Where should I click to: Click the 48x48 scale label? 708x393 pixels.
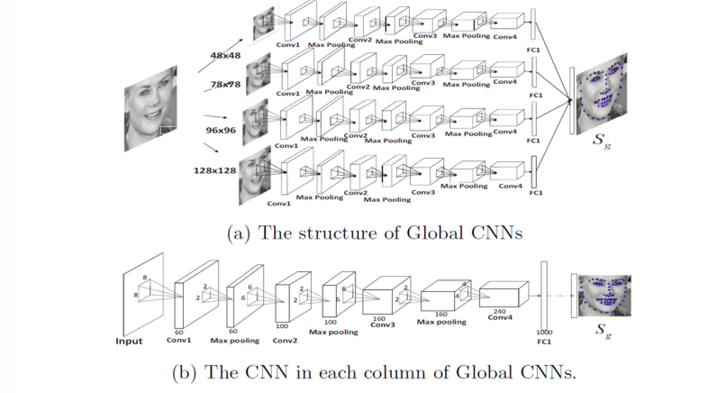tap(225, 55)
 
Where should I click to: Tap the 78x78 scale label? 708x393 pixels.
tap(225, 84)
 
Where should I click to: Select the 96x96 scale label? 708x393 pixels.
tap(221, 130)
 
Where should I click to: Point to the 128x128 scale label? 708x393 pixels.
tap(215, 170)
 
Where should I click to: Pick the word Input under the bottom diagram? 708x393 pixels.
tap(129, 341)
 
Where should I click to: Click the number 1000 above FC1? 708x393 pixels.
tap(544, 332)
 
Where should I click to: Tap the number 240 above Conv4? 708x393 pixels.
tap(499, 311)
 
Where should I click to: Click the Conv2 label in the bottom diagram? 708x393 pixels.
tap(285, 340)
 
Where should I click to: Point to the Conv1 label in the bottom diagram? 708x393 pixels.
tap(179, 340)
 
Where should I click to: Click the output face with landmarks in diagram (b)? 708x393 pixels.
tap(604, 295)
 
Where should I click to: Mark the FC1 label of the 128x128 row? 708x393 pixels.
tap(536, 192)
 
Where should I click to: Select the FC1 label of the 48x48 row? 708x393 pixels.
tap(533, 50)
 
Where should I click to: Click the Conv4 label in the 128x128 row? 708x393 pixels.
tap(510, 186)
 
